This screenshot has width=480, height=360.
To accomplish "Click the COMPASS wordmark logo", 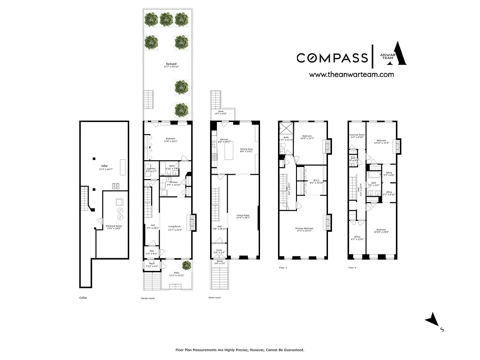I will tap(332, 58).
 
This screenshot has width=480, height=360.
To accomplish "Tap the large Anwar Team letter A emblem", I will tap(399, 54).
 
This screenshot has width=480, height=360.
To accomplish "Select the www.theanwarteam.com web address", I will tap(351, 75).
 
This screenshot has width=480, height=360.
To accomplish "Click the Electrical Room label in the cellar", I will tap(114, 226).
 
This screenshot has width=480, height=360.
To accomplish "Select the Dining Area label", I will tap(246, 149).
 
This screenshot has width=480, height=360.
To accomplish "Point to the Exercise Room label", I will tap(357, 135).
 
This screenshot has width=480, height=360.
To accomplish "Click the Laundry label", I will tap(151, 169).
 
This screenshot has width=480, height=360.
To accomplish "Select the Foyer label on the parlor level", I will tap(219, 251).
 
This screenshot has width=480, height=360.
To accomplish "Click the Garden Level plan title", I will tap(147, 298).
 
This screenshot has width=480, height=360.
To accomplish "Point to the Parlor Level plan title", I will tap(215, 298).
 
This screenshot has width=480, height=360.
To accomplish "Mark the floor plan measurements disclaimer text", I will tap(239, 350).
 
